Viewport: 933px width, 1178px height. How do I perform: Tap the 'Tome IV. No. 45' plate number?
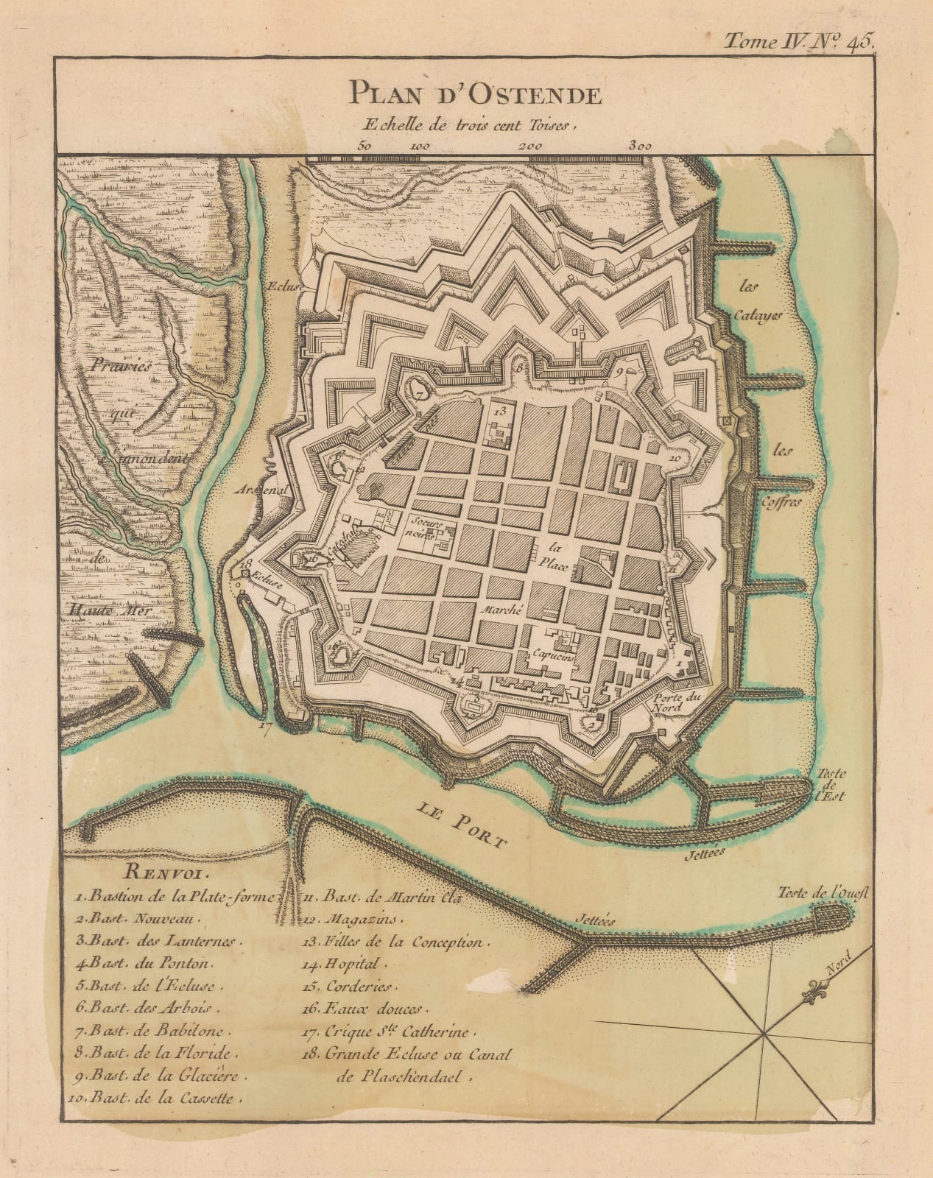point(798,41)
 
